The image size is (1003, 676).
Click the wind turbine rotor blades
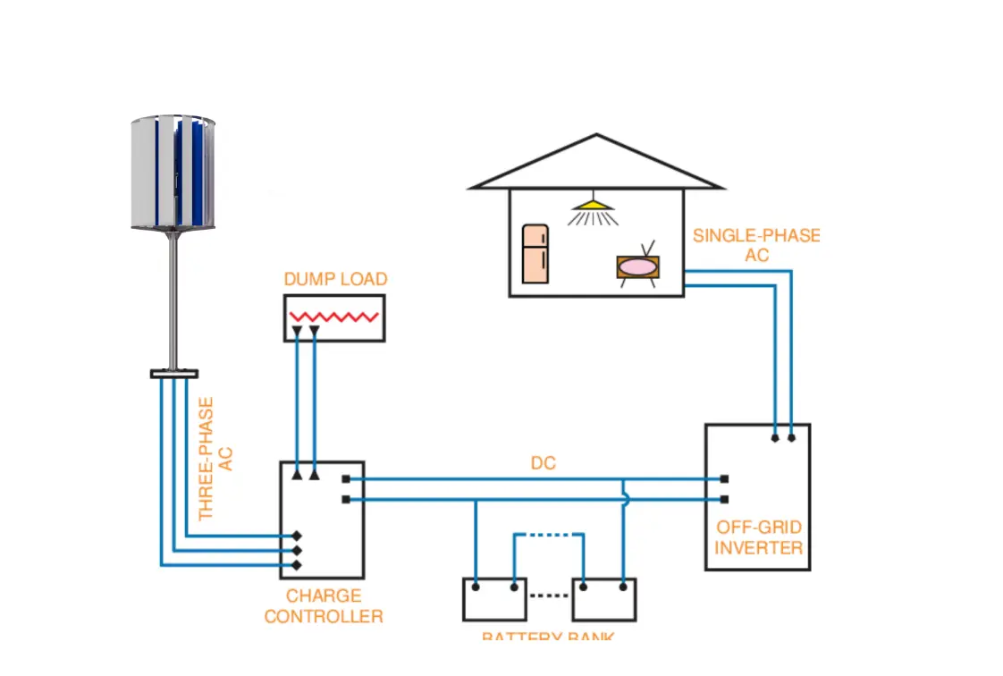[173, 172]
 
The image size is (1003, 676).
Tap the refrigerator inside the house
[535, 253]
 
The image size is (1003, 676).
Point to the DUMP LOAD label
[335, 279]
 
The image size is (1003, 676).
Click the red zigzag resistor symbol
[333, 317]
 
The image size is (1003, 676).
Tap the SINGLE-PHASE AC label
[755, 245]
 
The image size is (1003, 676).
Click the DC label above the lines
[543, 463]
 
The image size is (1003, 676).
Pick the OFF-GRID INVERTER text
[758, 537]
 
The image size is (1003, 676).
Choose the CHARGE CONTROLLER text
[324, 605]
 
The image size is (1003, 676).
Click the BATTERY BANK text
[547, 637]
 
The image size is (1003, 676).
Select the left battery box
[493, 599]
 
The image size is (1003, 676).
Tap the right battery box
[603, 599]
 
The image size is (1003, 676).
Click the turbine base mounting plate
[174, 373]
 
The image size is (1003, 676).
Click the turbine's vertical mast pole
[173, 300]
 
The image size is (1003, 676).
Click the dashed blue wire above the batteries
[548, 535]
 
